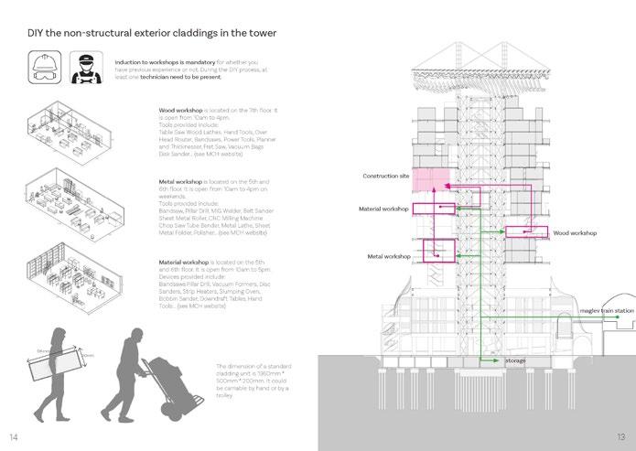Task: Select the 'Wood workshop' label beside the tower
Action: point(574,233)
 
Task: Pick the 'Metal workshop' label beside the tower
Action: point(388,257)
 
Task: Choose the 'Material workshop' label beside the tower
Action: point(384,209)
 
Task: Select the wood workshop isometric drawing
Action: point(78,125)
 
